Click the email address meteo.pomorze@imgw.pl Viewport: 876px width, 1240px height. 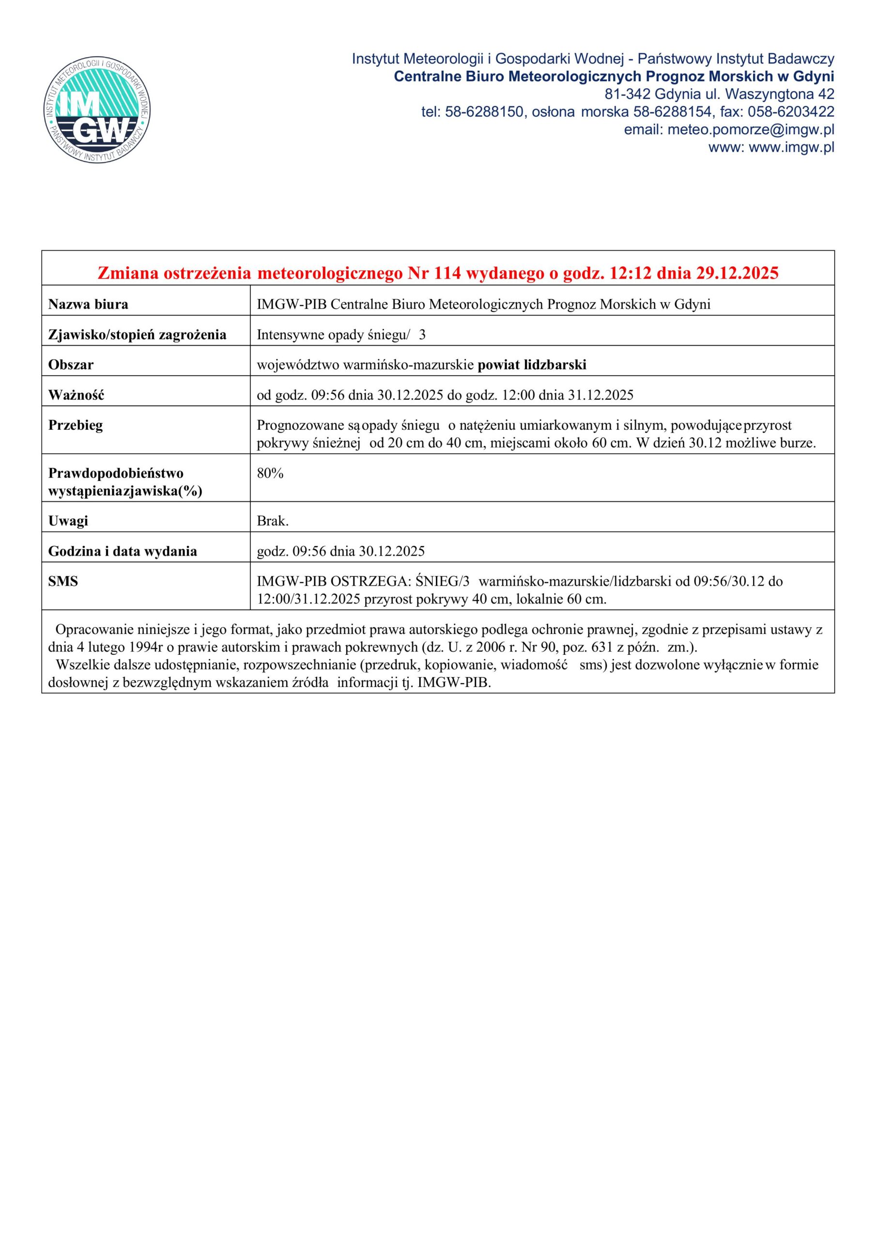pos(751,130)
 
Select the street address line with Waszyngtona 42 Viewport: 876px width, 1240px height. pos(720,94)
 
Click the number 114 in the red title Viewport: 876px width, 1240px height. pos(448,274)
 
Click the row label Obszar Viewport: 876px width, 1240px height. pos(71,365)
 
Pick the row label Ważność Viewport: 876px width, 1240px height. pos(76,395)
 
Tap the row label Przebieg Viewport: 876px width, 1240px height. pos(76,426)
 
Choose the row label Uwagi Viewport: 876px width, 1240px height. pos(68,521)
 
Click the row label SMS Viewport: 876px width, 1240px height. pos(63,582)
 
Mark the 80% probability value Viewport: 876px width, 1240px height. pos(270,474)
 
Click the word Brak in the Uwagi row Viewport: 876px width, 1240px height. pos(272,521)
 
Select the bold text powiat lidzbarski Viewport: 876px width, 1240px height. pos(532,365)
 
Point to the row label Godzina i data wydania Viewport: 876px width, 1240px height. pos(123,551)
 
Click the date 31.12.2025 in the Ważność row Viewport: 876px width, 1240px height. pos(600,395)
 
